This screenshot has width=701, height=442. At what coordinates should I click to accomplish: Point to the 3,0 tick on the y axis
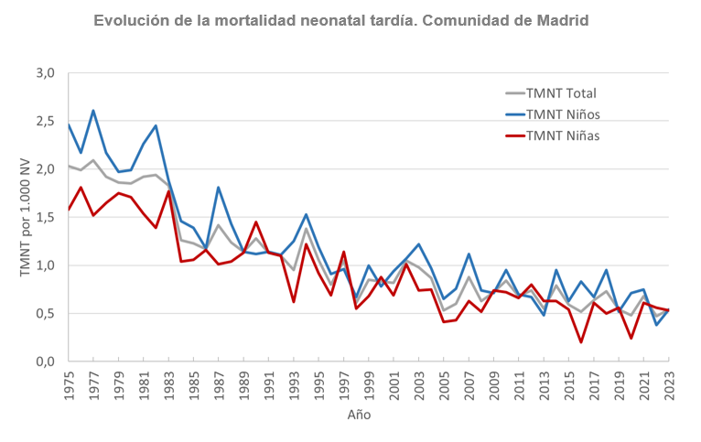46,73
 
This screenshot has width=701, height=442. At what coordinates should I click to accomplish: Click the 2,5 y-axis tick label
46,121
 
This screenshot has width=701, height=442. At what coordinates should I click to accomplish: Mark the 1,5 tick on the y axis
46,217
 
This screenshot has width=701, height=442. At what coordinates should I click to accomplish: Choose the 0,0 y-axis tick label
46,361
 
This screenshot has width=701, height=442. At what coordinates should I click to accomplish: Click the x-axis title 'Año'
359,415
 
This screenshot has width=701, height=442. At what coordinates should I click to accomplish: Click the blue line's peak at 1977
93,111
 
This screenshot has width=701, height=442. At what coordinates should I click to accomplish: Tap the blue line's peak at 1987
219,188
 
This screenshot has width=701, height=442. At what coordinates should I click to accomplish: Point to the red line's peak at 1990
256,222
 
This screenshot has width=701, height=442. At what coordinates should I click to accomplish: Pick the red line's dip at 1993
294,301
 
